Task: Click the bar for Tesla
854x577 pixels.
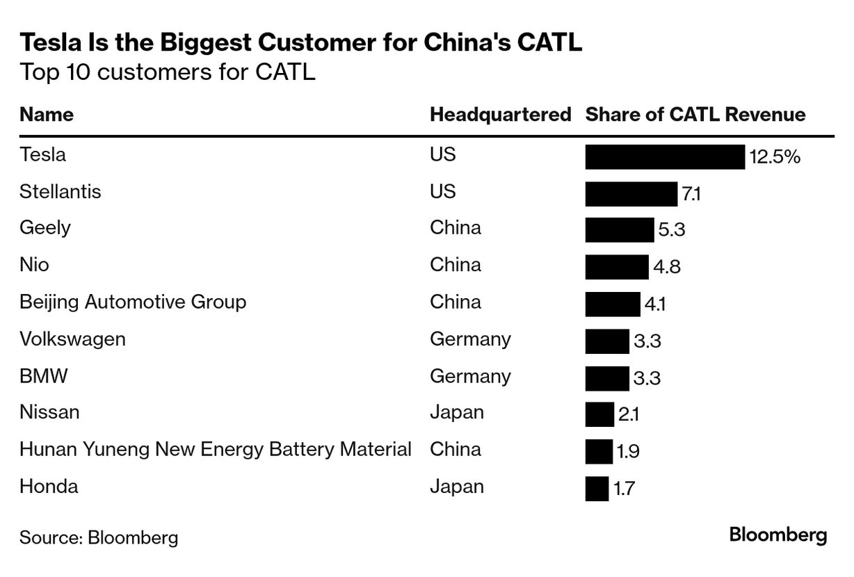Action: pos(664,157)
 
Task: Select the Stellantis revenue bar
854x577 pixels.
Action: pos(631,193)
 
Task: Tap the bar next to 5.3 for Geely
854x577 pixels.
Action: pos(619,229)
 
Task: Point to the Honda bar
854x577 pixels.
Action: pos(597,488)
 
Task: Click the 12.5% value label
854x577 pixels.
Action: pos(775,157)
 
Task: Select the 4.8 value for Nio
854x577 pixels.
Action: pos(666,266)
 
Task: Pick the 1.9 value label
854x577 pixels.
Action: pos(627,452)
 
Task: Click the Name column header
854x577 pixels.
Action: pos(47,115)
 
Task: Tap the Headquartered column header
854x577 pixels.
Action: pos(500,115)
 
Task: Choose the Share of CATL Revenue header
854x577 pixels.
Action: pos(695,115)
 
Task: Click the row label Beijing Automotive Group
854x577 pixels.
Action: pos(133,302)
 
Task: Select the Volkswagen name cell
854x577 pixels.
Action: pos(72,339)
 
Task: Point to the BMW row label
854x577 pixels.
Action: pos(43,376)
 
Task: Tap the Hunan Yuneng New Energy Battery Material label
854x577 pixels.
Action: pos(216,449)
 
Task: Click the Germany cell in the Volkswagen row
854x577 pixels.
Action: pos(470,339)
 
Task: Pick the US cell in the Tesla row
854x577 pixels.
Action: pos(443,154)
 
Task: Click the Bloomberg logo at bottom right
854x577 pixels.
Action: pos(778,535)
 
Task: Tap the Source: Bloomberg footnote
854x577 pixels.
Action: pos(99,537)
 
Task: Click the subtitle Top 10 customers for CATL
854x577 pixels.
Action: pos(168,72)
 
